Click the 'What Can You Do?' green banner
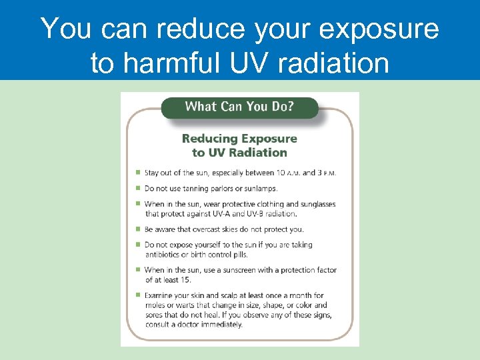pos(239,107)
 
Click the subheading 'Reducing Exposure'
pos(239,139)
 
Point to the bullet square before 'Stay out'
pos(137,173)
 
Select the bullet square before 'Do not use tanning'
pos(137,189)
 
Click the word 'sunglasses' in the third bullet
pos(313,204)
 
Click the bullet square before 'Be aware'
pos(137,229)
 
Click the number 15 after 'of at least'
pos(185,280)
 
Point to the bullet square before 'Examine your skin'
pos(137,295)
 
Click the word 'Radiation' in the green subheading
pos(257,152)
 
